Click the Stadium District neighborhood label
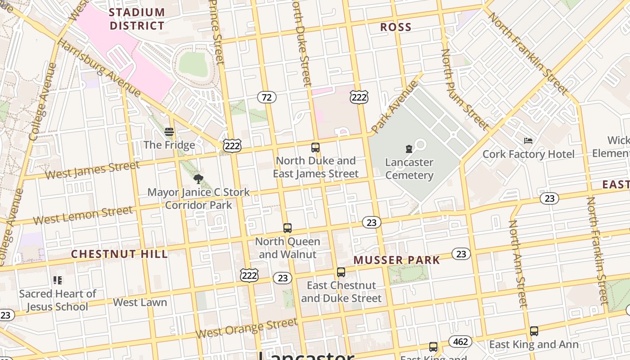point(137,19)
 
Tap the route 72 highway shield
point(267,97)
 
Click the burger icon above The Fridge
point(169,132)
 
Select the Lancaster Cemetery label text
point(409,169)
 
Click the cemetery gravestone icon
point(409,149)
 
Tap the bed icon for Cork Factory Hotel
point(528,141)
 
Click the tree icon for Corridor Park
point(198,179)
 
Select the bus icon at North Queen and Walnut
point(288,228)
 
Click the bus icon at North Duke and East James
point(315,147)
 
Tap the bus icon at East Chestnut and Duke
point(341,272)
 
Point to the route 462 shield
point(460,342)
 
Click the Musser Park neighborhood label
point(396,260)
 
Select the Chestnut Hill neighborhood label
point(119,254)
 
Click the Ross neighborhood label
point(396,27)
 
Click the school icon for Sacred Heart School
point(57,280)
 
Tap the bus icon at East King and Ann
point(534,331)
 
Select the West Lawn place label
point(140,302)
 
